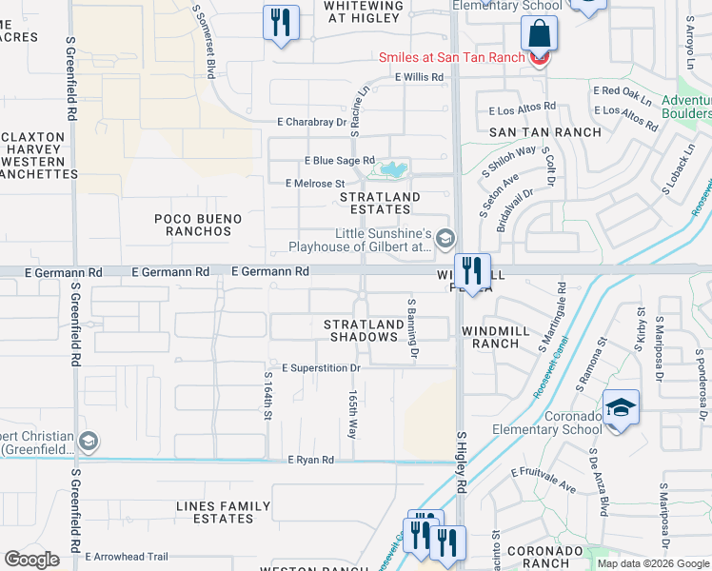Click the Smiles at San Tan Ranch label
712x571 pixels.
pos(451,57)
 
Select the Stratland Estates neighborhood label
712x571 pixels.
pos(380,204)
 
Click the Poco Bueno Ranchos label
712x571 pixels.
pos(198,225)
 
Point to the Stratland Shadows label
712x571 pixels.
pos(361,330)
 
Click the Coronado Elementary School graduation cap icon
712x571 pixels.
pos(622,408)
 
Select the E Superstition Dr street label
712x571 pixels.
pos(321,367)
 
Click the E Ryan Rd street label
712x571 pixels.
pos(311,461)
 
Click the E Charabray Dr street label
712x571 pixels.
pos(311,122)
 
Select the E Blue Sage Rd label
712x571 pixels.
pos(339,161)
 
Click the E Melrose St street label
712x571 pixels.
pos(314,183)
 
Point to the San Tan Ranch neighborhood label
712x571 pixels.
pos(545,132)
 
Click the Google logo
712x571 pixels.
pos(32,560)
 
